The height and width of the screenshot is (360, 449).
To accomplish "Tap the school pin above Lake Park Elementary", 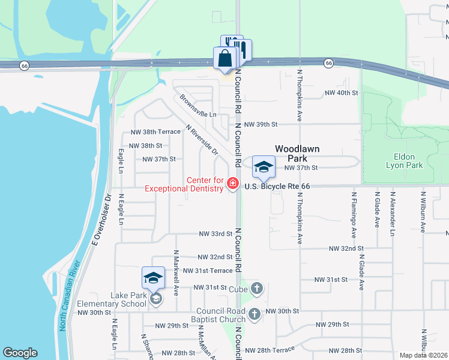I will (x=153, y=278).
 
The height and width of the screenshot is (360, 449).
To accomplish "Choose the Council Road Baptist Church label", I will (x=220, y=315).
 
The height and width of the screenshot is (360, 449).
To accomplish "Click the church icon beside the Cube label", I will (x=257, y=289).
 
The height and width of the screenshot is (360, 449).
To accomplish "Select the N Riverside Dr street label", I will (x=202, y=140).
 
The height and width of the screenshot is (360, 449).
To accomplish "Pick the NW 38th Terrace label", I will (x=155, y=132).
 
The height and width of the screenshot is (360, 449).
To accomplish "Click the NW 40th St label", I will (x=341, y=93).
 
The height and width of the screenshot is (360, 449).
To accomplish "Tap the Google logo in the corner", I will (x=20, y=353).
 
